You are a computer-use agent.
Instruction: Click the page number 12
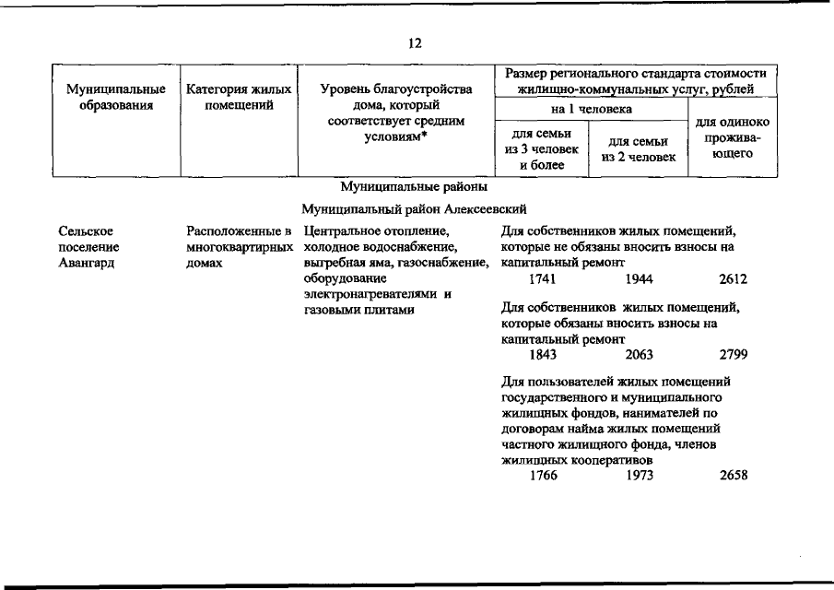click(x=416, y=42)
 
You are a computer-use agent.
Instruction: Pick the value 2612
click(x=733, y=279)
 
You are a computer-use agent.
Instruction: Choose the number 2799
click(x=733, y=354)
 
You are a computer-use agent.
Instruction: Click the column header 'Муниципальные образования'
click(x=116, y=97)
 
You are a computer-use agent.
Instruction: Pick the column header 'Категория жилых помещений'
click(x=239, y=97)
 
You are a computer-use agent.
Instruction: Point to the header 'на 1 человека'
click(x=592, y=110)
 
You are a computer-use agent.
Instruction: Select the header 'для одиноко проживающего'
click(x=733, y=137)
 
